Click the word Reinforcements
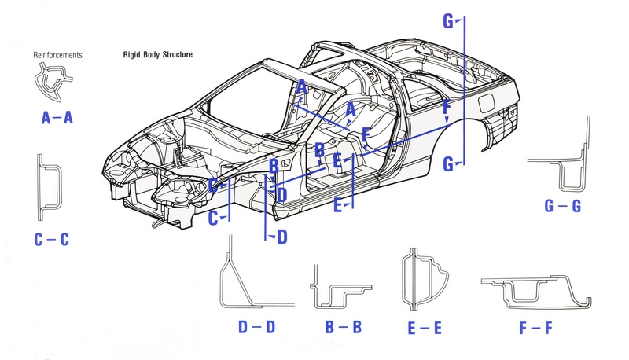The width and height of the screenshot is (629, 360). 58,55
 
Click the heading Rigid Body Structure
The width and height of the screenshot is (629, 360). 158,55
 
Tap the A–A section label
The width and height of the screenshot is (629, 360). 57,118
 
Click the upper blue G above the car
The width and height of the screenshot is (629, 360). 447,21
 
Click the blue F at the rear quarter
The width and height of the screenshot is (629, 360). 447,107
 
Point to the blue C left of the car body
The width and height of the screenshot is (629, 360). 212,220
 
